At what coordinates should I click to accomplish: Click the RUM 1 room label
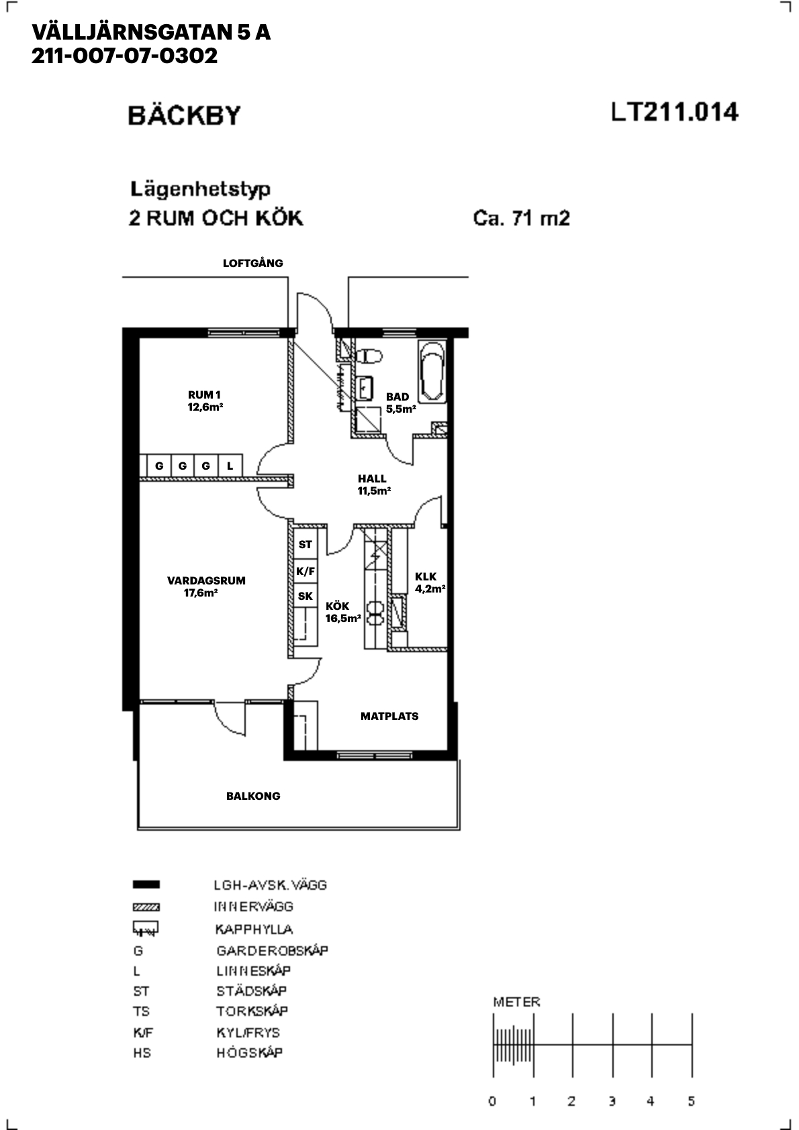tap(204, 395)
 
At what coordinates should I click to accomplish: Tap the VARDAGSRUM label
tap(206, 580)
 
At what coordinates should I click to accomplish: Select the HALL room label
tap(372, 478)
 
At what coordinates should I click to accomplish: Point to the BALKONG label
tap(253, 796)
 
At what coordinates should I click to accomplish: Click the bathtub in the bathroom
tap(432, 371)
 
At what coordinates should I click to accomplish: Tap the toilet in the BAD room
tap(369, 356)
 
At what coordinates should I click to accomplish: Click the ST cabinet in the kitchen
tap(305, 544)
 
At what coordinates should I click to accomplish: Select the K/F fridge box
tap(305, 572)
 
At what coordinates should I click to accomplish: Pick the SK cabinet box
tap(305, 597)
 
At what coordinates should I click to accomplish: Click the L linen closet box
tap(230, 466)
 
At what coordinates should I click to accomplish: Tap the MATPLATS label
tap(389, 717)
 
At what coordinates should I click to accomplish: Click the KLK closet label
tap(426, 576)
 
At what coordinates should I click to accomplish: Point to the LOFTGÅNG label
tap(253, 263)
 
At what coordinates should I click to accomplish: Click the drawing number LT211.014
tap(675, 112)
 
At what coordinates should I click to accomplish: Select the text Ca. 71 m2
tap(522, 219)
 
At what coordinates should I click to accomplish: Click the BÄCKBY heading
tap(184, 115)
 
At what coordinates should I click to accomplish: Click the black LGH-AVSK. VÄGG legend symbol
tap(146, 884)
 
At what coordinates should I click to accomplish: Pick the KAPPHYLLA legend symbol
tap(146, 928)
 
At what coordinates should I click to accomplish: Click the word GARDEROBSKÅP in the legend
tap(273, 951)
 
